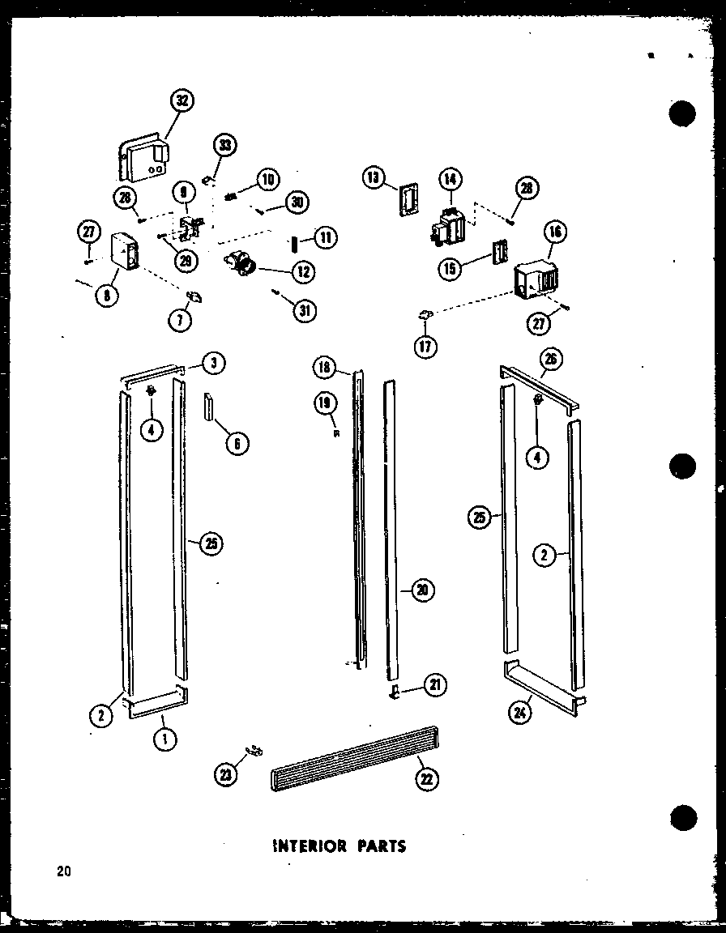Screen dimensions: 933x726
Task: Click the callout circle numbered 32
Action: [183, 102]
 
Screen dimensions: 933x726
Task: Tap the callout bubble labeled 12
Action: [304, 272]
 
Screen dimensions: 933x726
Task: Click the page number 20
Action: [63, 871]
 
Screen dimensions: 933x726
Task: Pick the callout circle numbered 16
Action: [556, 232]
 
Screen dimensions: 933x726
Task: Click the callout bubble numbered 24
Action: [518, 713]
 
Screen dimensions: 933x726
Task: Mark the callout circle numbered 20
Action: [421, 590]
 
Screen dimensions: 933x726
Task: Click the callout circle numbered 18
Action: [325, 369]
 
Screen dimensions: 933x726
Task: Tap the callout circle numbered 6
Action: [237, 443]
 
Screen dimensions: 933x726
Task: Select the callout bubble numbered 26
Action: [553, 359]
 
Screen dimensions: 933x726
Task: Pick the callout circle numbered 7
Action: [180, 320]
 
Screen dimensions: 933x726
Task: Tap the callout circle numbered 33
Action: [224, 147]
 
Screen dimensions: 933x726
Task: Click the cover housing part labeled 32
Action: [144, 157]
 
